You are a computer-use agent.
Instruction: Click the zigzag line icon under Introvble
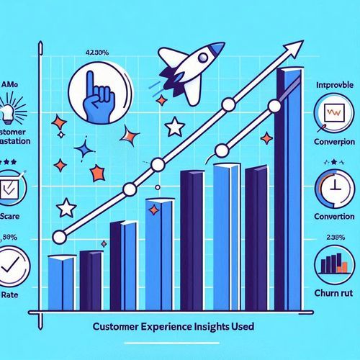pos(333,113)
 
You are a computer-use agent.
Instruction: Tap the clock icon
pos(333,186)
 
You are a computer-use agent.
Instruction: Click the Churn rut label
pos(333,292)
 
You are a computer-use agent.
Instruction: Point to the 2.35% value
pos(333,237)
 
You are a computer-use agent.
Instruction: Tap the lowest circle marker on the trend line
pos(60,234)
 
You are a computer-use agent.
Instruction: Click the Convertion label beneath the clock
pos(333,215)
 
